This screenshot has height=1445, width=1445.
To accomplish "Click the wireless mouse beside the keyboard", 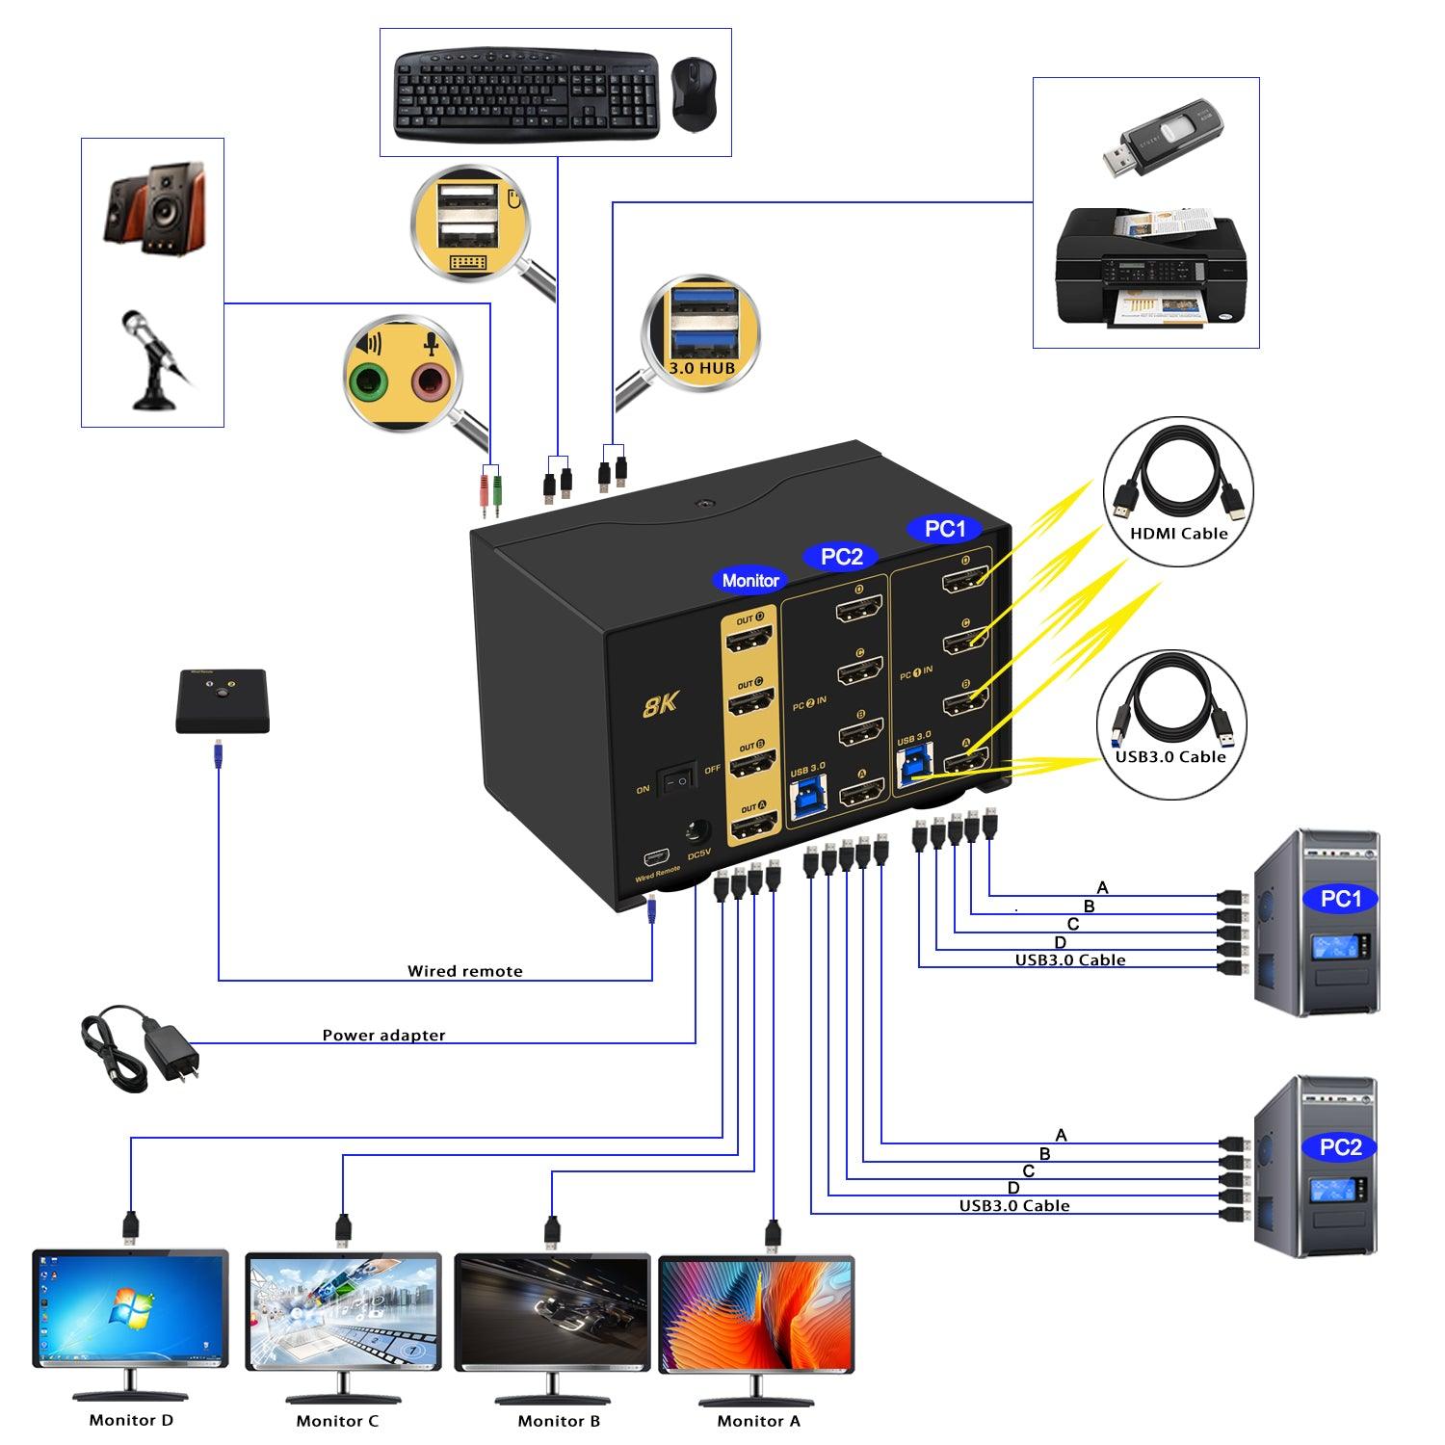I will pyautogui.click(x=693, y=94).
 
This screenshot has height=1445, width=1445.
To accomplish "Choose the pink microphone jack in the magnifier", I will pyautogui.click(x=430, y=382).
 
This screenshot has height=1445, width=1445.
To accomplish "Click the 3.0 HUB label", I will pyautogui.click(x=701, y=368).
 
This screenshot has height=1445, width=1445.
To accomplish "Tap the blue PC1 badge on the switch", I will pyautogui.click(x=944, y=529).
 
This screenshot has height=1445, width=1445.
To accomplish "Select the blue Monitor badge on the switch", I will pyautogui.click(x=749, y=580).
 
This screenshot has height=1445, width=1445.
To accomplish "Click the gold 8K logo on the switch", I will pyautogui.click(x=660, y=704).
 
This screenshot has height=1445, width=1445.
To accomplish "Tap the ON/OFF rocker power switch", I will pyautogui.click(x=677, y=779).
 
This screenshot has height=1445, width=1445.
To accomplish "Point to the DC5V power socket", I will pyautogui.click(x=696, y=831).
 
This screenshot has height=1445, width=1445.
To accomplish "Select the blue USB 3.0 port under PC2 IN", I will pyautogui.click(x=806, y=798).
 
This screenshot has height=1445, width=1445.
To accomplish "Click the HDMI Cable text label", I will pyautogui.click(x=1178, y=534).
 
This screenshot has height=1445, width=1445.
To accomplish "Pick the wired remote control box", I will pyautogui.click(x=223, y=701).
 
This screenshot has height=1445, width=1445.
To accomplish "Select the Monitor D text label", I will pyautogui.click(x=131, y=1420).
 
